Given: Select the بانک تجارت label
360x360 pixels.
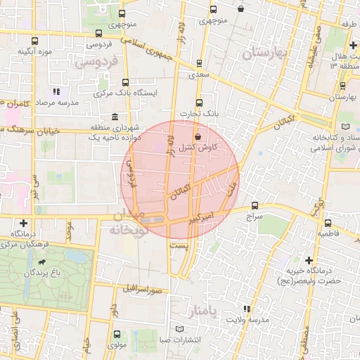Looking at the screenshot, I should pyautogui.click(x=198, y=112).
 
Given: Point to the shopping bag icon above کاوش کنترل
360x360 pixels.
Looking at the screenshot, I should pyautogui.click(x=198, y=136).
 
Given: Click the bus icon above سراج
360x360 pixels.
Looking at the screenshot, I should pyautogui.click(x=255, y=206).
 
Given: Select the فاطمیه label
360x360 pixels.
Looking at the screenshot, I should pyautogui.click(x=328, y=231).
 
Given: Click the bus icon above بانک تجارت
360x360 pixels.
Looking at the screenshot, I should pyautogui.click(x=198, y=101).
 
